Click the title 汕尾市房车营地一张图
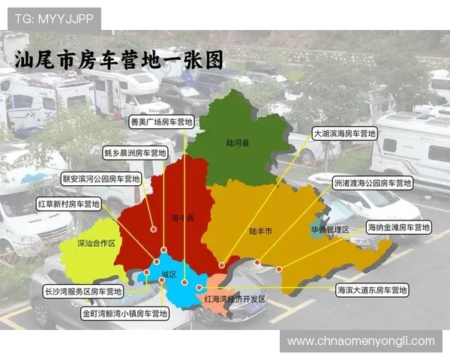(120, 59)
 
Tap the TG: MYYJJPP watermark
(53, 18)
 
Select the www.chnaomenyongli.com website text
(360, 341)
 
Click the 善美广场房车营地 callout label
(161, 121)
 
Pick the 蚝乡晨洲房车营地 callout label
(135, 152)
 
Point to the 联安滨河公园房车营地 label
(101, 179)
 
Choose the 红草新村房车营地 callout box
(68, 203)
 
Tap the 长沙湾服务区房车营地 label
(83, 291)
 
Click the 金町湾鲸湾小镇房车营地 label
(123, 312)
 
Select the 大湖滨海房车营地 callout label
(345, 133)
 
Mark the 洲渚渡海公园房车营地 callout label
(372, 183)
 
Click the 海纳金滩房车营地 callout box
(397, 226)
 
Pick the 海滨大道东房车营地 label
(372, 289)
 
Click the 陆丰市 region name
(261, 232)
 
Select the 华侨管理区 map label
(330, 229)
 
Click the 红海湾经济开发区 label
(235, 299)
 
